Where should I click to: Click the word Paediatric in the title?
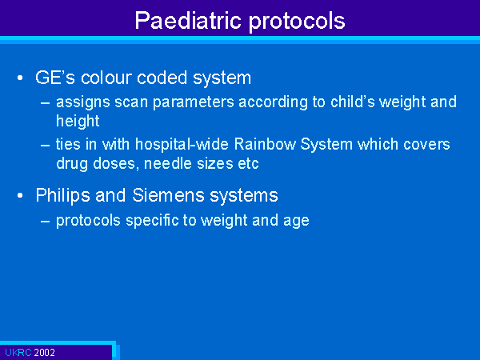pyautogui.click(x=188, y=21)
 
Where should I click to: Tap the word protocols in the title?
pyautogui.click(x=297, y=22)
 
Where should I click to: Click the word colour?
pyautogui.click(x=106, y=78)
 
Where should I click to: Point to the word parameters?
pyautogui.click(x=194, y=103)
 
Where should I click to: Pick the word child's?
pyautogui.click(x=353, y=102)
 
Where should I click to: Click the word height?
pyautogui.click(x=78, y=121)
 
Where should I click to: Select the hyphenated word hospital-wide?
pyautogui.click(x=182, y=145)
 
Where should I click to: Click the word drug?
pyautogui.click(x=72, y=164)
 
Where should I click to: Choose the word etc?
pyautogui.click(x=248, y=164)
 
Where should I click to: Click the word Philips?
pyautogui.click(x=62, y=195)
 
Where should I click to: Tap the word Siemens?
pyautogui.click(x=168, y=195)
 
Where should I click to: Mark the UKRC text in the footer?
pyautogui.click(x=18, y=352)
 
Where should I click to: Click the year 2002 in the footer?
pyautogui.click(x=44, y=352)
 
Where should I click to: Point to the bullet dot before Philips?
pyautogui.click(x=20, y=195)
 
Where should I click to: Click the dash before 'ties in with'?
pyautogui.click(x=45, y=145)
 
